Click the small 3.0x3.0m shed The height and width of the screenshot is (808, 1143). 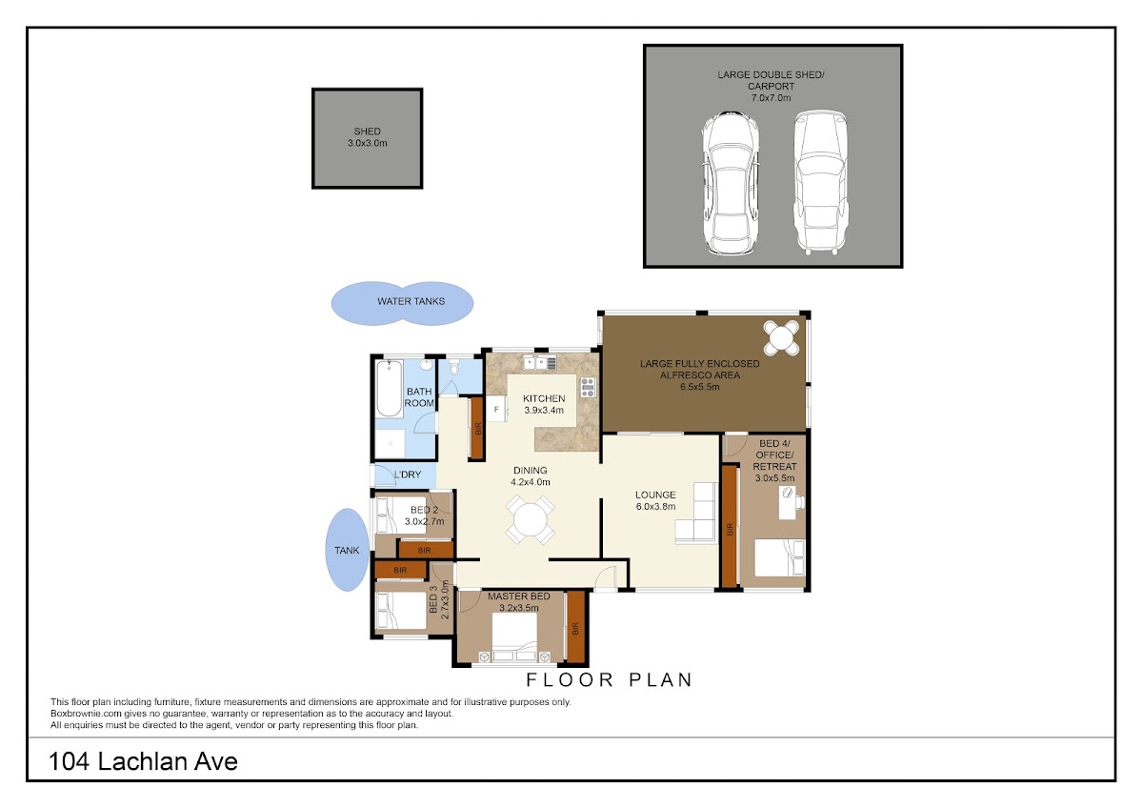(368, 138)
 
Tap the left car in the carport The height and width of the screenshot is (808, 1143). (730, 183)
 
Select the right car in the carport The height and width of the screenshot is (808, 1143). (820, 182)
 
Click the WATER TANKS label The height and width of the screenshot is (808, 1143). (411, 301)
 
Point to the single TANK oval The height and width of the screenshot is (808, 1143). (347, 550)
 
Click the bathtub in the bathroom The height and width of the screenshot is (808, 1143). (390, 389)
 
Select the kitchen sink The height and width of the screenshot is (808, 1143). (540, 363)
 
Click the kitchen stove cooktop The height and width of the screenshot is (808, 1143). (588, 387)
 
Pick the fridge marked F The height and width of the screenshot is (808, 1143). (496, 410)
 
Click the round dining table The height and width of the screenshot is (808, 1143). (531, 519)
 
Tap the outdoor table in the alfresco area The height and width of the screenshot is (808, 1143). (781, 337)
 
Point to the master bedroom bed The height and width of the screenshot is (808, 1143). (514, 636)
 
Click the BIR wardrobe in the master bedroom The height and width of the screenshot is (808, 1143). (575, 628)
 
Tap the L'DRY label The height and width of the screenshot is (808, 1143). (408, 475)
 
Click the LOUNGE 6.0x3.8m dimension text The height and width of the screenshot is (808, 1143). (655, 506)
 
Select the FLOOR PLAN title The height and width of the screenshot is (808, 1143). (610, 680)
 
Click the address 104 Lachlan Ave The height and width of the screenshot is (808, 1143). (143, 761)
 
